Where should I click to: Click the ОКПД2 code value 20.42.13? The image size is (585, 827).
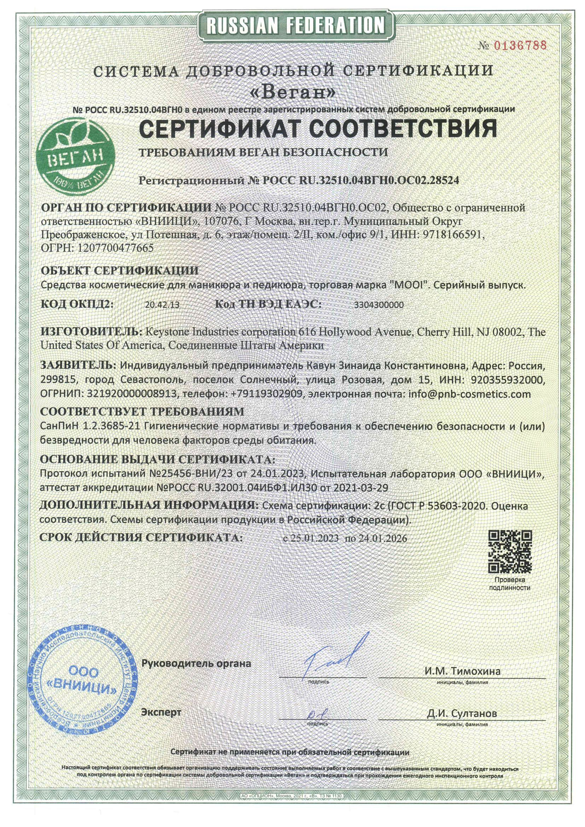click(162, 305)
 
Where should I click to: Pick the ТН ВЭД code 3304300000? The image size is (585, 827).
click(379, 305)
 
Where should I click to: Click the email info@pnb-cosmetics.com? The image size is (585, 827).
click(469, 394)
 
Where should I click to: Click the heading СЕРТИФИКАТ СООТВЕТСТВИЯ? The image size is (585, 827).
click(318, 128)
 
